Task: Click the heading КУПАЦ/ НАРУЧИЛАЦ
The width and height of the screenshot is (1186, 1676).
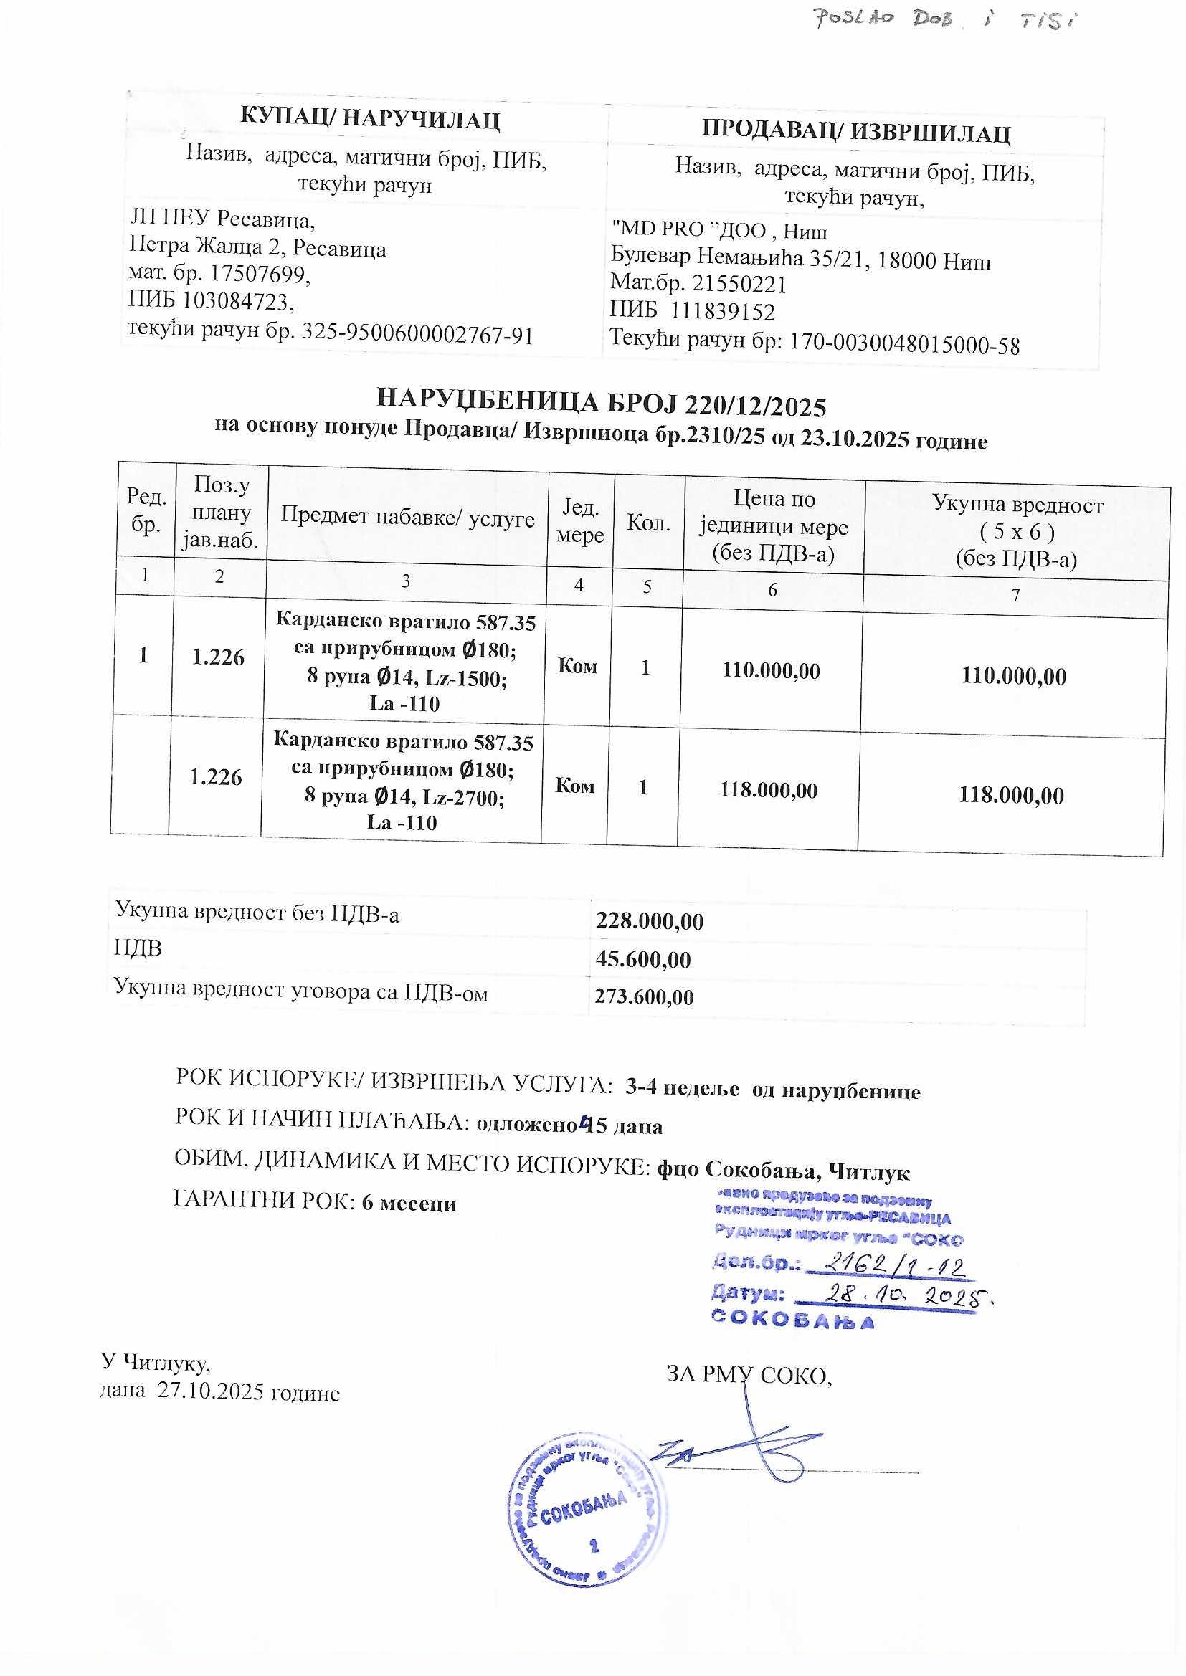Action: [369, 120]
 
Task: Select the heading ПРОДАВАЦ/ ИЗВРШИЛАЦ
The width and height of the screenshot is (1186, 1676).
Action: [856, 132]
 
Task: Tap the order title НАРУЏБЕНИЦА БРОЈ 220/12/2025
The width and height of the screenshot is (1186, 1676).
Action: [601, 403]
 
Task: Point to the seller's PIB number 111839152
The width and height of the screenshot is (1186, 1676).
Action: [722, 312]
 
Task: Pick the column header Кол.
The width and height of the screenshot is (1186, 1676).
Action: [648, 523]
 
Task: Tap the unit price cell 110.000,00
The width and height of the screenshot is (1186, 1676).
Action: [772, 670]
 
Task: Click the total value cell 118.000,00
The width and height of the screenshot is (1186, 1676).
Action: [1011, 794]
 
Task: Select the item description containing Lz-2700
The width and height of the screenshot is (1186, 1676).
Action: [402, 782]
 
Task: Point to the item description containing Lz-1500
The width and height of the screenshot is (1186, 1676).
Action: [405, 663]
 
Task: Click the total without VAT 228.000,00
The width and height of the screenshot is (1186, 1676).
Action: [649, 921]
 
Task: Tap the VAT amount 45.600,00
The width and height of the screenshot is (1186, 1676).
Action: [642, 959]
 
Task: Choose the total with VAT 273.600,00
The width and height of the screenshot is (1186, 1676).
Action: [643, 996]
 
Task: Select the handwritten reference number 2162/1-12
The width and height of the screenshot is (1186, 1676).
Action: [894, 1265]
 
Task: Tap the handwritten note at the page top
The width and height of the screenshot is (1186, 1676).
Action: [945, 19]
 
